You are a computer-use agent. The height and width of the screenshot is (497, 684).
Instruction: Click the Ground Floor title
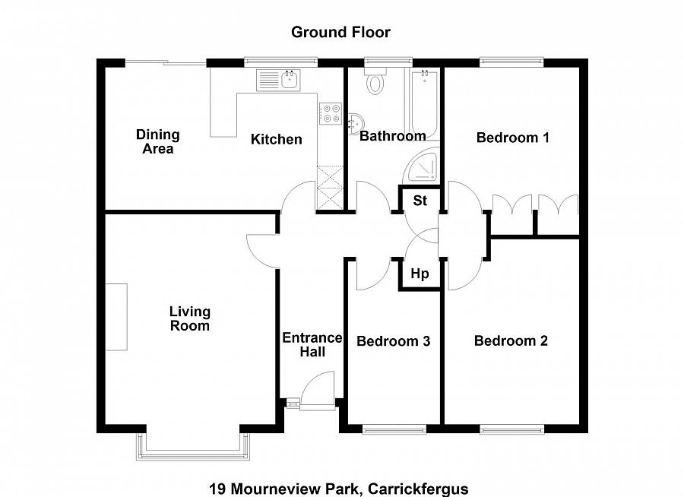point(340,32)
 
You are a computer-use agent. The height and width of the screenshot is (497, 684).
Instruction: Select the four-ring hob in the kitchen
point(331,113)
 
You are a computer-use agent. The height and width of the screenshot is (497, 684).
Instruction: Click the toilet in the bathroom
point(375,81)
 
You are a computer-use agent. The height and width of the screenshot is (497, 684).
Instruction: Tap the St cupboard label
point(420,201)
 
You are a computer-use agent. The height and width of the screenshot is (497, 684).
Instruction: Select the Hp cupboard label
point(420,274)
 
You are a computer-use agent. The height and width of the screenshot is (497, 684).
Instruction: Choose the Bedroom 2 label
point(511,340)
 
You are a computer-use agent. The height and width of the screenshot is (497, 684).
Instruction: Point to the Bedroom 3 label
point(393,341)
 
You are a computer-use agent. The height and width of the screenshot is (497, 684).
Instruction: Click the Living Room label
point(189,318)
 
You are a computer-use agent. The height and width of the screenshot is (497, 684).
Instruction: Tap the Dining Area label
point(157,141)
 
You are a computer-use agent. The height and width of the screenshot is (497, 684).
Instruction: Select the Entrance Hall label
point(312,344)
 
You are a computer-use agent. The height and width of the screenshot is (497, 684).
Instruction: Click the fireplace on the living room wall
point(116,317)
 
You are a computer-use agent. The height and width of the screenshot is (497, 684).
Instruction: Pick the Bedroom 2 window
point(511,430)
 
